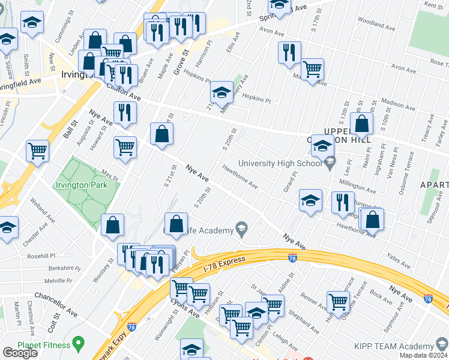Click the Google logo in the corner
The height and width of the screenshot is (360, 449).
pyautogui.click(x=20, y=353)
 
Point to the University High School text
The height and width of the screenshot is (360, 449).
pyautogui.click(x=280, y=163)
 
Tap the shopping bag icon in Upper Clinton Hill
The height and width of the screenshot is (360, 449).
pyautogui.click(x=363, y=124)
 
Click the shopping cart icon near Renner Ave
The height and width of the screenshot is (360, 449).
pyautogui.click(x=339, y=301)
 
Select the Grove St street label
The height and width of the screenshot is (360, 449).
pyautogui.click(x=182, y=62)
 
